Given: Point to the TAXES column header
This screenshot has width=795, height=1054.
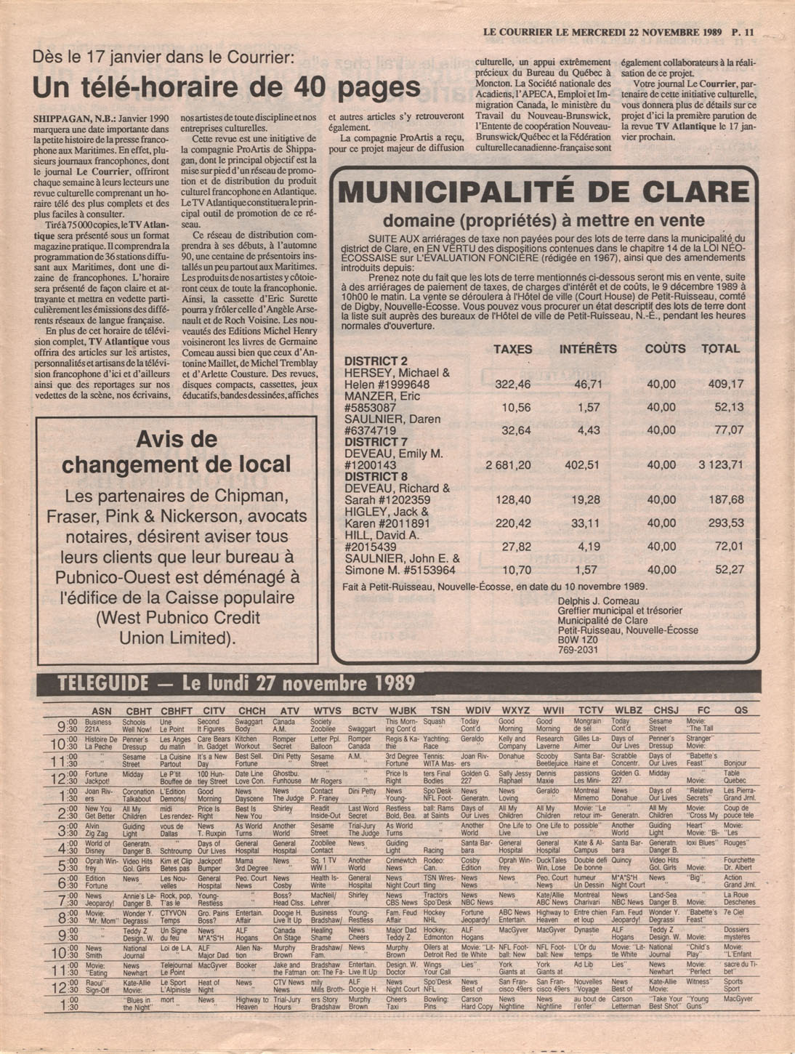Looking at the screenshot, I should tap(513, 349).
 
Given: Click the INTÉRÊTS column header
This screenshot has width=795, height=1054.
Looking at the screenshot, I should tap(588, 349).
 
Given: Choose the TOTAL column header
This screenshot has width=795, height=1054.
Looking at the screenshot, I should tap(719, 349).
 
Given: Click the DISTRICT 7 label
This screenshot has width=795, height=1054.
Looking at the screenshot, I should tap(376, 441).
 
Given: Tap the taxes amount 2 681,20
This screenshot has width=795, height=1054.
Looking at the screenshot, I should tap(509, 465).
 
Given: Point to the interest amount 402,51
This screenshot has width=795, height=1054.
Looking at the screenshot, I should tap(583, 465).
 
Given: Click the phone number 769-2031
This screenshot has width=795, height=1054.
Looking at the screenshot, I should tap(578, 650).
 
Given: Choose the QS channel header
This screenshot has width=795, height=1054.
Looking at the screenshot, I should tap(740, 710).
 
